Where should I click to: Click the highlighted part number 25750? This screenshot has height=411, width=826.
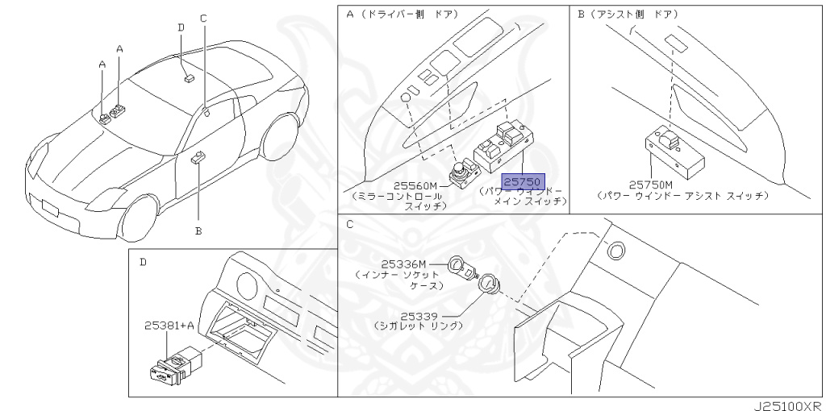point(523,182)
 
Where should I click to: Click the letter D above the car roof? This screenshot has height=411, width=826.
point(181,27)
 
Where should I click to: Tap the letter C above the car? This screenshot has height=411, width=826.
point(203,18)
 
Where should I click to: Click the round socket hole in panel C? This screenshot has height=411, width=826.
point(617,250)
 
